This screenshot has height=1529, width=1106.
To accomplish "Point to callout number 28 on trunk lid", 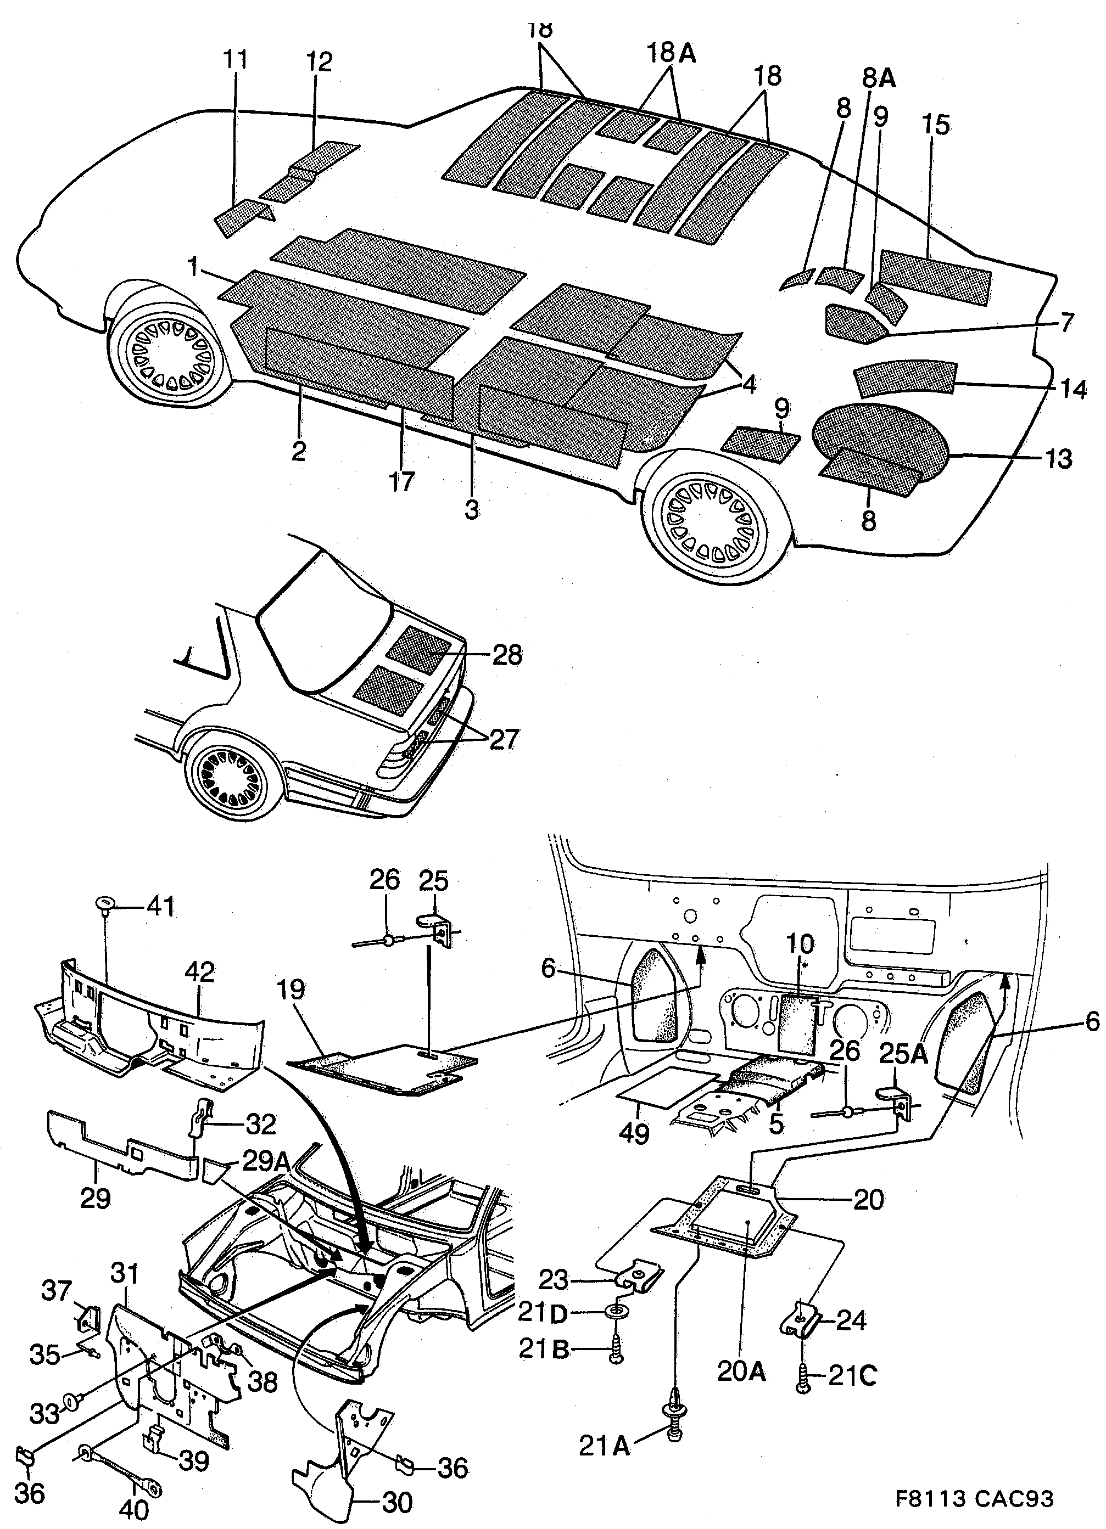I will tap(507, 655).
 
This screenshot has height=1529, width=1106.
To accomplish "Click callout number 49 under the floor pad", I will tap(634, 1134).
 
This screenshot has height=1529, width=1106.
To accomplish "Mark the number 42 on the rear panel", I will tap(200, 971).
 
